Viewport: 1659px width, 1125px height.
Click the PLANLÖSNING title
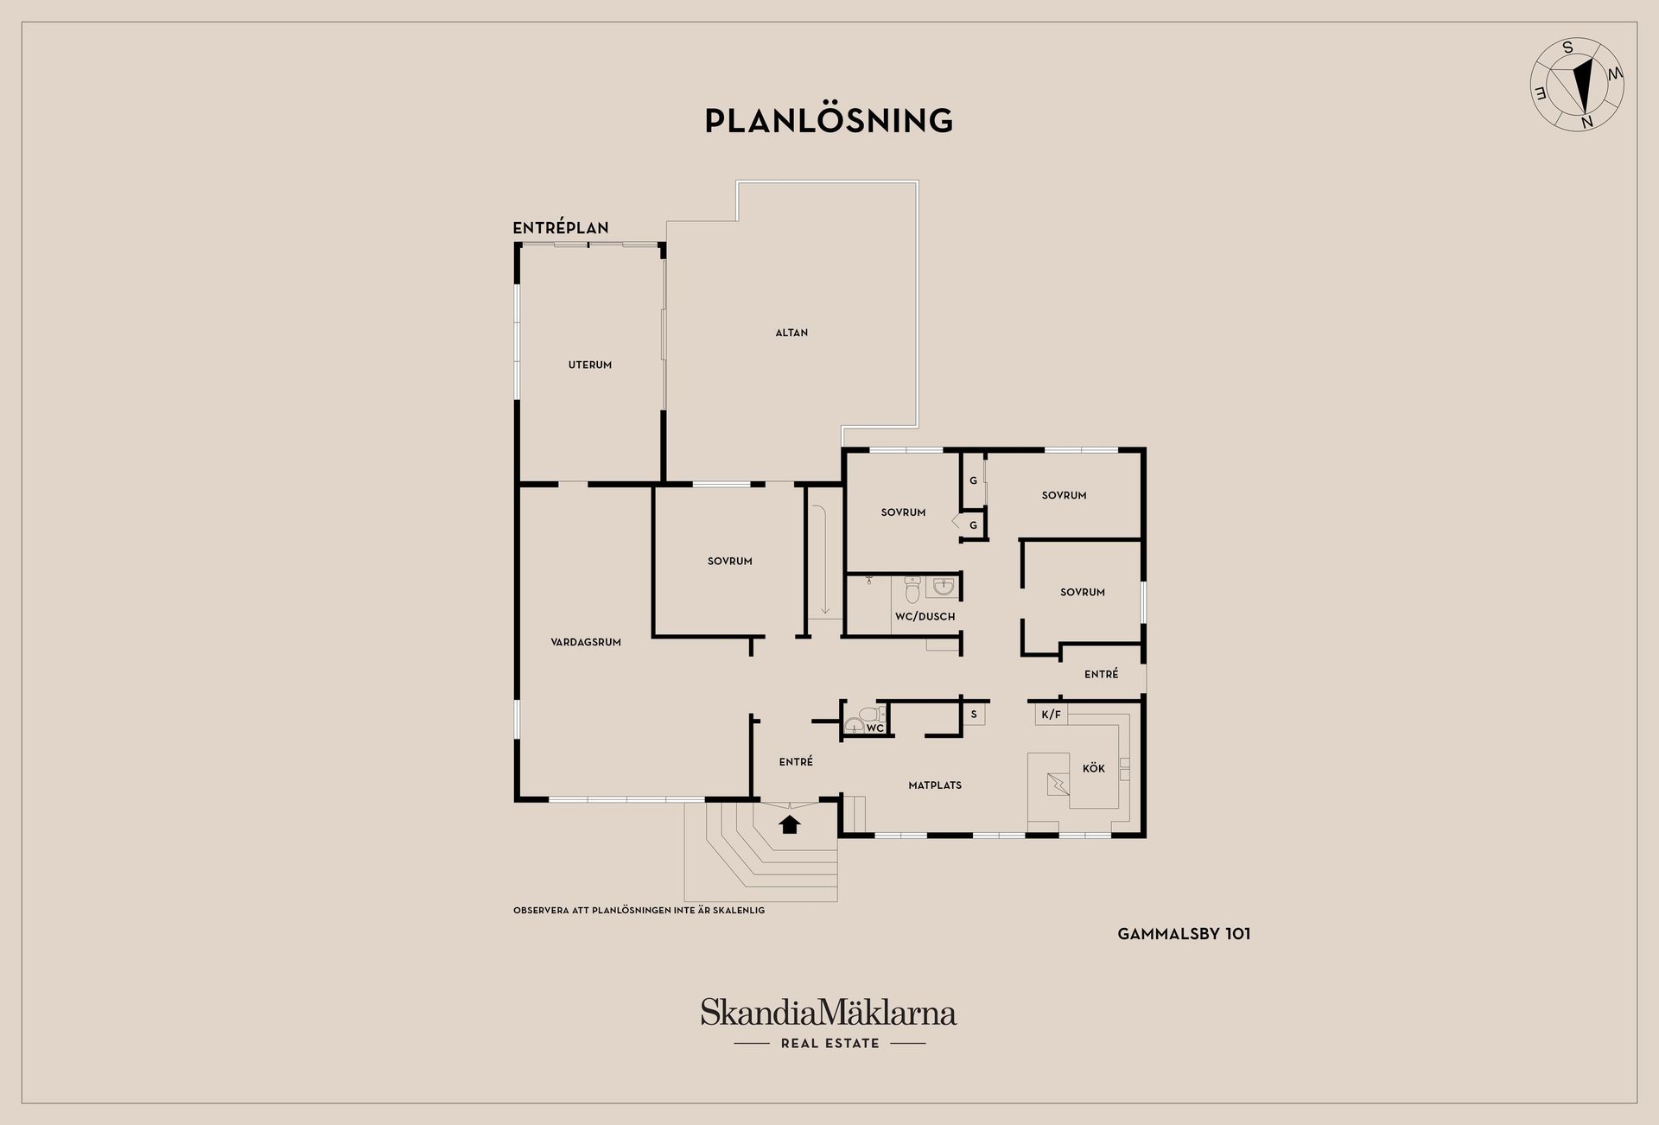coord(829,120)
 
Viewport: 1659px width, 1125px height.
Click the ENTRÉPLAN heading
coord(561,228)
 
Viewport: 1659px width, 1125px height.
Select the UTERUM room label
coord(590,365)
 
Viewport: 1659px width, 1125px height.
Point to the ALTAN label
coord(791,333)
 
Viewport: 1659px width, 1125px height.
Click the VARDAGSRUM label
coord(586,642)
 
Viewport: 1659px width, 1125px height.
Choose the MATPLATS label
coord(935,785)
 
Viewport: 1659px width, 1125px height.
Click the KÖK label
coord(1094,768)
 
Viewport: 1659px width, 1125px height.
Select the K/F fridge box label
coord(1052,715)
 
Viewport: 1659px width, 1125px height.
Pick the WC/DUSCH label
coord(925,616)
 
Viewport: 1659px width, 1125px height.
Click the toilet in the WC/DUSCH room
coord(912,590)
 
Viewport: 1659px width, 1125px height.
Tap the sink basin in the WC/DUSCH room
coord(943,588)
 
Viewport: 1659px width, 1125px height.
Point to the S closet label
coord(974,715)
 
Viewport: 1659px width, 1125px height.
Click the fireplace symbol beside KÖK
coord(1058,784)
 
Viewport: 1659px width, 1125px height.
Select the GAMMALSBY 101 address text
coord(1184,934)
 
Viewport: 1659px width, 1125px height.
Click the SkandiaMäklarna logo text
coord(829,1012)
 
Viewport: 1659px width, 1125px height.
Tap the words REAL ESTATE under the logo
coord(829,1044)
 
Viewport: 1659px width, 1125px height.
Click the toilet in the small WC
coord(865,719)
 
